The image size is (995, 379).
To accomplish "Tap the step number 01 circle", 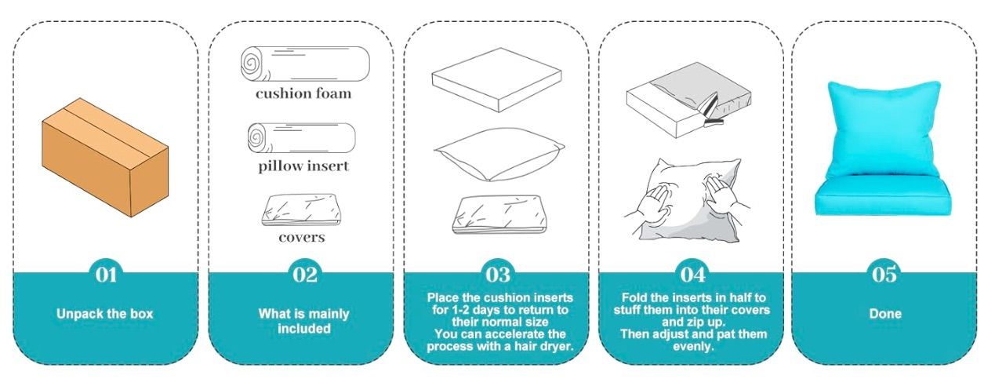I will click(106, 275).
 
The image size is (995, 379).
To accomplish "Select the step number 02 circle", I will click(304, 275).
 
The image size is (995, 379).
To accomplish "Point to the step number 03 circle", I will click(498, 275).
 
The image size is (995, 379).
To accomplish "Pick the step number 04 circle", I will click(692, 275).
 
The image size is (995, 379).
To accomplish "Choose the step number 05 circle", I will click(884, 275).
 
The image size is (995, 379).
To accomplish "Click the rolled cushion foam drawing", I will click(303, 64).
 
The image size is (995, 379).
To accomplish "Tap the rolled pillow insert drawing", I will click(302, 138).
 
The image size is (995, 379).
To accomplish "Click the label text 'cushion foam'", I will click(303, 94).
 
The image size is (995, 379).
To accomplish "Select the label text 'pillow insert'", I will click(303, 166).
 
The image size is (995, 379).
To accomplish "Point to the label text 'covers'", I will click(302, 236).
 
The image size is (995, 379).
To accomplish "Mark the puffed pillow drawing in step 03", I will click(498, 153).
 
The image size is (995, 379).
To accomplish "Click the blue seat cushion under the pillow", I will click(884, 198).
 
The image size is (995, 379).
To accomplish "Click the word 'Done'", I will click(884, 314).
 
